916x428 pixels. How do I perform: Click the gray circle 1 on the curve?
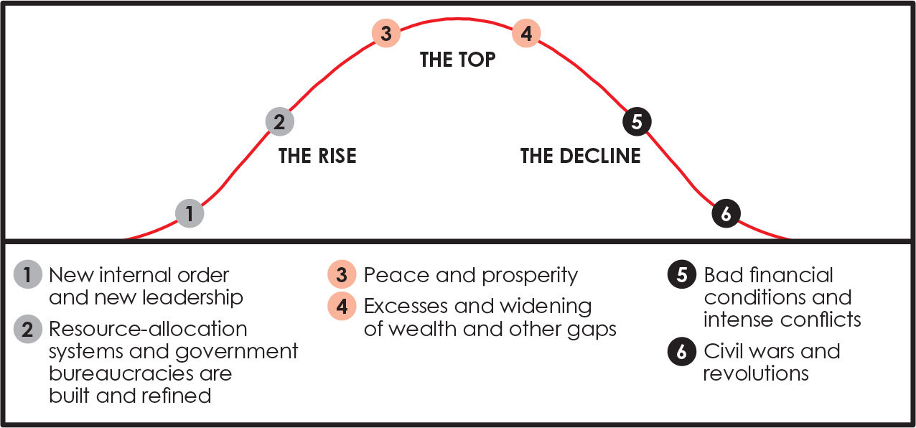click(x=190, y=213)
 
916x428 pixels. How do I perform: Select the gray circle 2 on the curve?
click(x=279, y=121)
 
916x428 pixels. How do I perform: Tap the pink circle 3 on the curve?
click(x=385, y=33)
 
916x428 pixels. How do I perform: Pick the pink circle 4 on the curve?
click(x=526, y=33)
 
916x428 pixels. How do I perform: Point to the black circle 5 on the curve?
click(x=636, y=121)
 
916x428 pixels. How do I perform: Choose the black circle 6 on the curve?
click(x=726, y=213)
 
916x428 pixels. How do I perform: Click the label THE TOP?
click(x=457, y=59)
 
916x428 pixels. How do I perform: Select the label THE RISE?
click(x=317, y=156)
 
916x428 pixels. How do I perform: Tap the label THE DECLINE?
click(x=580, y=156)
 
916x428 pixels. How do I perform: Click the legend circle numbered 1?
click(x=28, y=276)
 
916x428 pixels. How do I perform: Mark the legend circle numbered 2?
click(x=28, y=330)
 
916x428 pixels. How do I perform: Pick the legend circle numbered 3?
click(x=342, y=276)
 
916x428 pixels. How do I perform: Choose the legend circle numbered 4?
click(x=342, y=307)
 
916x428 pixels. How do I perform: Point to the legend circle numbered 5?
click(x=681, y=276)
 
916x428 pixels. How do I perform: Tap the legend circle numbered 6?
click(x=681, y=352)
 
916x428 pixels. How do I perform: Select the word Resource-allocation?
click(x=148, y=329)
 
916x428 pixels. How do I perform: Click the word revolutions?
click(x=756, y=373)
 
